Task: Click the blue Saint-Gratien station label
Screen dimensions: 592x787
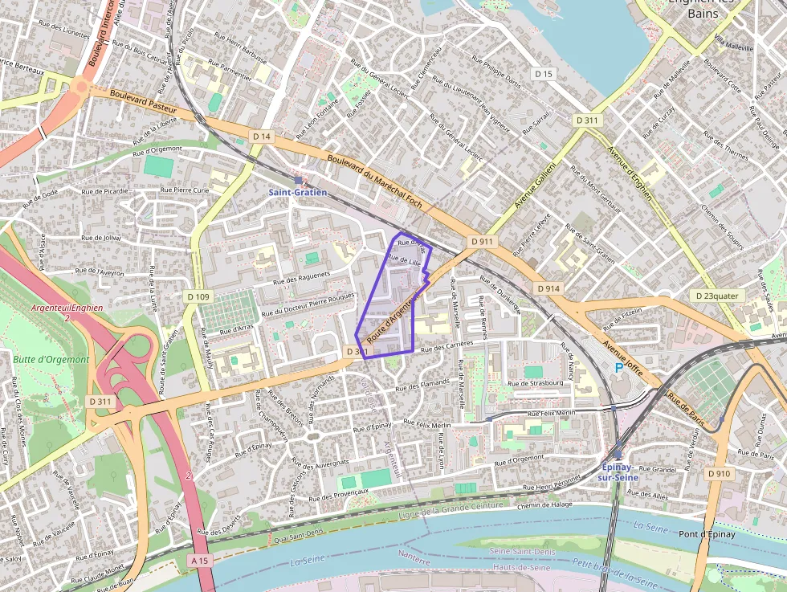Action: pos(297,193)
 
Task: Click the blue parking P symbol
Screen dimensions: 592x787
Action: pos(618,367)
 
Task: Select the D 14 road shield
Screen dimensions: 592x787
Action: pos(261,137)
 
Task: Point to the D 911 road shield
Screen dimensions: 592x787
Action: pos(482,241)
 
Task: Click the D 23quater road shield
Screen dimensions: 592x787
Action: pos(717,296)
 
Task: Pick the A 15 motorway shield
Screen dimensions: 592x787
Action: pos(202,559)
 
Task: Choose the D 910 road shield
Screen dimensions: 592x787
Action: pos(720,474)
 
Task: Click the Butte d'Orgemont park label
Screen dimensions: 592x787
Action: pos(51,359)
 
